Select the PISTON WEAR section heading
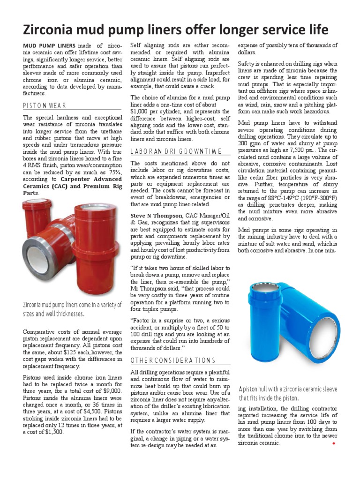pos(45,105)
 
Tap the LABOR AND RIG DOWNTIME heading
pos(176,151)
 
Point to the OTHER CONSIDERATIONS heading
pos(172,360)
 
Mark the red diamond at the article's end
pos(333,442)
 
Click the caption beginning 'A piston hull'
pos(288,393)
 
